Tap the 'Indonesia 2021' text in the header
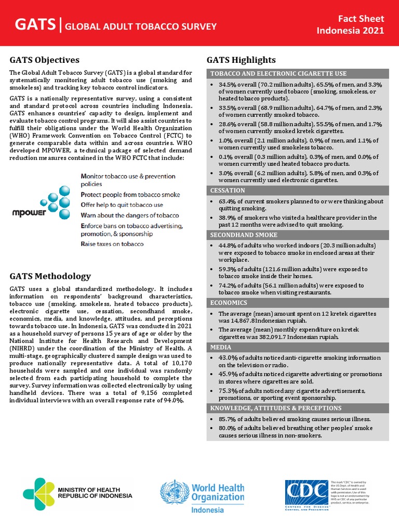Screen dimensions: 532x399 point(351,30)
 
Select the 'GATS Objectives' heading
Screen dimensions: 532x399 point(45,60)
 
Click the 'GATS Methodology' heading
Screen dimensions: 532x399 point(50,276)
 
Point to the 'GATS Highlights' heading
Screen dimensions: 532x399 point(241,60)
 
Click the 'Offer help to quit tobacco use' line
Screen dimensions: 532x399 point(122,205)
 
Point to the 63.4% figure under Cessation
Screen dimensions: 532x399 point(227,201)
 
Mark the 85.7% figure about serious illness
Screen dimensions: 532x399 point(227,419)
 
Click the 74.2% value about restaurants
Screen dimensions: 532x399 point(227,285)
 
